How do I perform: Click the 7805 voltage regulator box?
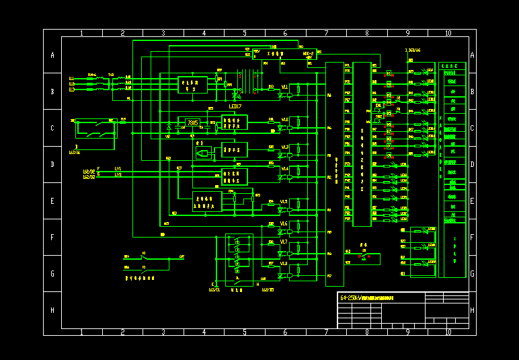click(193, 123)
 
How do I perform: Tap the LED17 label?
click(235, 106)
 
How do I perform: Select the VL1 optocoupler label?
click(284, 87)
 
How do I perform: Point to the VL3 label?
click(284, 147)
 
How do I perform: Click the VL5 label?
click(284, 201)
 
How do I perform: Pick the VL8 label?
click(284, 264)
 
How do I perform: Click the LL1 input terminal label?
click(72, 78)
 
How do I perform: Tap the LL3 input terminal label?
click(72, 89)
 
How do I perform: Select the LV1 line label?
click(118, 169)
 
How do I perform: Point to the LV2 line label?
click(118, 174)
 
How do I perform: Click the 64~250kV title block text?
click(366, 297)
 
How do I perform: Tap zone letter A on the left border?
click(52, 55)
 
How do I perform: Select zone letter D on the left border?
click(52, 164)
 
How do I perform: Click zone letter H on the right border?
click(472, 310)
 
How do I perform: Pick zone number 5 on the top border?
click(245, 33)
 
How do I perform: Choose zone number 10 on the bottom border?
click(448, 332)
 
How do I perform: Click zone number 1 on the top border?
click(81, 33)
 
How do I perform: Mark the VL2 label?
click(284, 120)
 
